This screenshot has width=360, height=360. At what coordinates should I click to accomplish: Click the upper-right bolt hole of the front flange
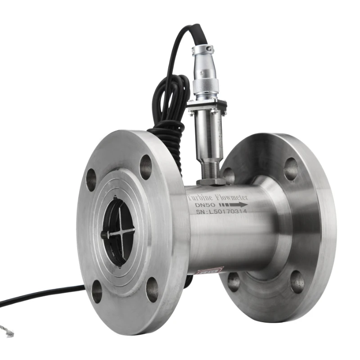pos(145,167)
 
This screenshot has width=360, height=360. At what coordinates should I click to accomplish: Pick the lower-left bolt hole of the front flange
pos(97,291)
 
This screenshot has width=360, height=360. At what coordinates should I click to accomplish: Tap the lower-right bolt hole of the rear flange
pos(297,282)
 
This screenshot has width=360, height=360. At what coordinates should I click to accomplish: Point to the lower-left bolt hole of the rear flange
pos(234,282)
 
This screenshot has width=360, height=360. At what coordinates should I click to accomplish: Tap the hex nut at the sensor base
pos(211,181)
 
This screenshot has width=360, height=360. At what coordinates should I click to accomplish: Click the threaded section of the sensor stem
pos(210,170)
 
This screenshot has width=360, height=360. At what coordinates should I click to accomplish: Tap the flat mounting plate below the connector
pos(207,105)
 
